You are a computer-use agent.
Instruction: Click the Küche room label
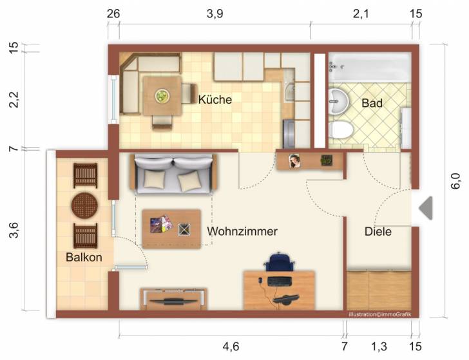tap(215, 99)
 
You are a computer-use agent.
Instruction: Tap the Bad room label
tap(372, 103)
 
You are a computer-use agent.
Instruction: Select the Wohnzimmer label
tap(242, 231)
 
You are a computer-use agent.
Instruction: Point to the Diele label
tap(378, 231)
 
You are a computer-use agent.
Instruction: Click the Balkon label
tap(84, 257)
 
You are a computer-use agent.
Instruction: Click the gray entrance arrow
tap(426, 208)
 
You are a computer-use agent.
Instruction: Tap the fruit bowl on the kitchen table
tap(162, 96)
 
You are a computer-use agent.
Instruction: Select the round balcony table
tap(84, 205)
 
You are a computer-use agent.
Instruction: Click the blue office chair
tap(278, 261)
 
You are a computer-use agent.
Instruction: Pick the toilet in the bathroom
tap(341, 130)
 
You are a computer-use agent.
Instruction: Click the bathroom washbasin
tap(338, 102)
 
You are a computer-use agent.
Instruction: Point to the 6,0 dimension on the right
tap(456, 181)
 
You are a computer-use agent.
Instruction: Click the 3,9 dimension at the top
tap(215, 14)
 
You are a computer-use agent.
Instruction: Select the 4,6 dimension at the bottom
tap(231, 346)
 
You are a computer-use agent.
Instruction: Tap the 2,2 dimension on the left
tap(14, 100)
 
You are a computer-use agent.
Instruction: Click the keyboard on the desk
tap(280, 281)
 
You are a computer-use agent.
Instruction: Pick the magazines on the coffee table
tap(161, 223)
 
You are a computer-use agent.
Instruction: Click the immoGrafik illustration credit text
tap(380, 314)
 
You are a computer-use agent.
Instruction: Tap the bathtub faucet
tap(332, 67)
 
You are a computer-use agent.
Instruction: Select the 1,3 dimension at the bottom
tap(379, 346)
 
